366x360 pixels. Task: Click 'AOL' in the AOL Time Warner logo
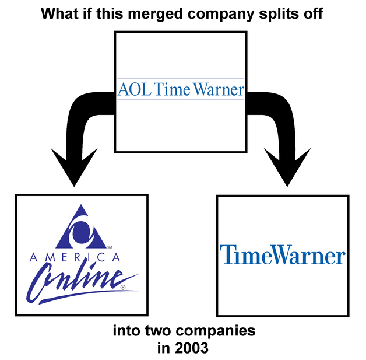pyautogui.click(x=132, y=89)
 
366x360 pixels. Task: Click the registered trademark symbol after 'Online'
pyautogui.click(x=122, y=287)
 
